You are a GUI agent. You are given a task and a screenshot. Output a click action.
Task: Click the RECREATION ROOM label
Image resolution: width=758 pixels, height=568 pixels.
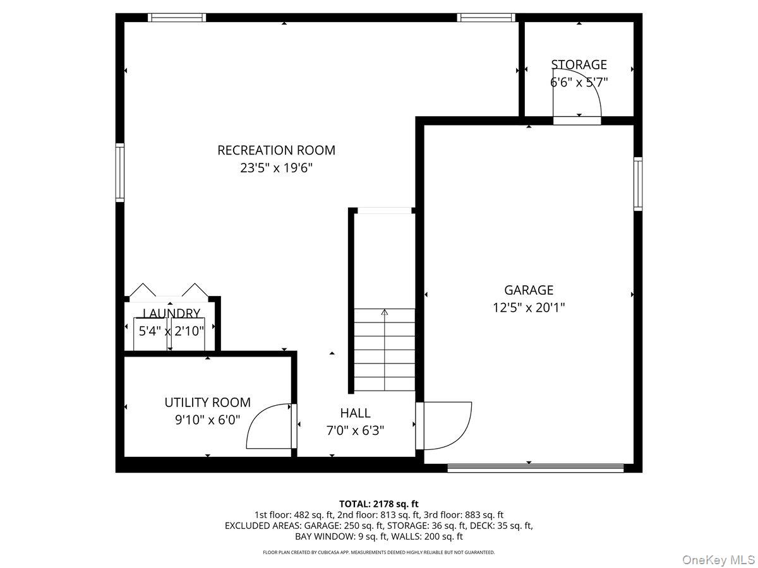(276, 150)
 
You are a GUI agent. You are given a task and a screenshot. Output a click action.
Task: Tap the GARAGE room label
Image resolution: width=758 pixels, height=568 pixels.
(529, 290)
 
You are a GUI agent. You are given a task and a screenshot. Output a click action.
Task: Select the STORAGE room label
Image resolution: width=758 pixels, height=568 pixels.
(579, 64)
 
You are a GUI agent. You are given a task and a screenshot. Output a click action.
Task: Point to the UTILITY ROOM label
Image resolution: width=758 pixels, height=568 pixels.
(207, 403)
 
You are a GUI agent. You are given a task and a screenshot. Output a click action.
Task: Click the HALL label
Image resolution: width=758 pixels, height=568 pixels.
(355, 413)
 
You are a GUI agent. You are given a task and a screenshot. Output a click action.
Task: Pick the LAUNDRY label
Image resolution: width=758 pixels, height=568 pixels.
(172, 313)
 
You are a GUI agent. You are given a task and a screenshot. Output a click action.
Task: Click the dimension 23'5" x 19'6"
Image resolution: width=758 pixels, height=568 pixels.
(277, 169)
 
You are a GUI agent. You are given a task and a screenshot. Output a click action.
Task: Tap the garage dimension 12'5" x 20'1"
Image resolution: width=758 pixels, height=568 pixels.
(529, 308)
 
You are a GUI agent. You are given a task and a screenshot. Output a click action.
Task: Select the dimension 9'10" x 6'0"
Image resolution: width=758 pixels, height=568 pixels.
(208, 420)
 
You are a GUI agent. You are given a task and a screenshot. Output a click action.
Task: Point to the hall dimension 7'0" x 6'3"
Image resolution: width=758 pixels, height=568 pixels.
(355, 430)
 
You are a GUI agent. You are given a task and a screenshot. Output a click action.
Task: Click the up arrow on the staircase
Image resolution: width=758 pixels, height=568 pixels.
(384, 312)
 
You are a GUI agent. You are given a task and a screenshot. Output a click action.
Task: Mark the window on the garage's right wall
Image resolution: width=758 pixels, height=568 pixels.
(638, 183)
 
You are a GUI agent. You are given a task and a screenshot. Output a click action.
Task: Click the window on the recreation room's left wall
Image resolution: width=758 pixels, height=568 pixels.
(120, 173)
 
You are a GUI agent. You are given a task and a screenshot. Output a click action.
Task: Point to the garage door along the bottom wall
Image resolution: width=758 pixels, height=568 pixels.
(536, 468)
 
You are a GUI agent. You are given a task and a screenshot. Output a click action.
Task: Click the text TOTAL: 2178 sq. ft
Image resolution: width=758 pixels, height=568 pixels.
(379, 504)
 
